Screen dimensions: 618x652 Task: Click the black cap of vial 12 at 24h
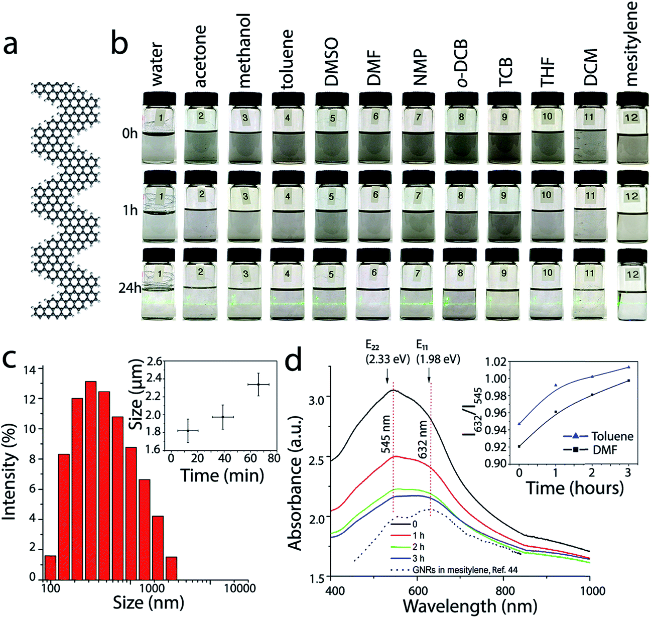coord(632,257)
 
